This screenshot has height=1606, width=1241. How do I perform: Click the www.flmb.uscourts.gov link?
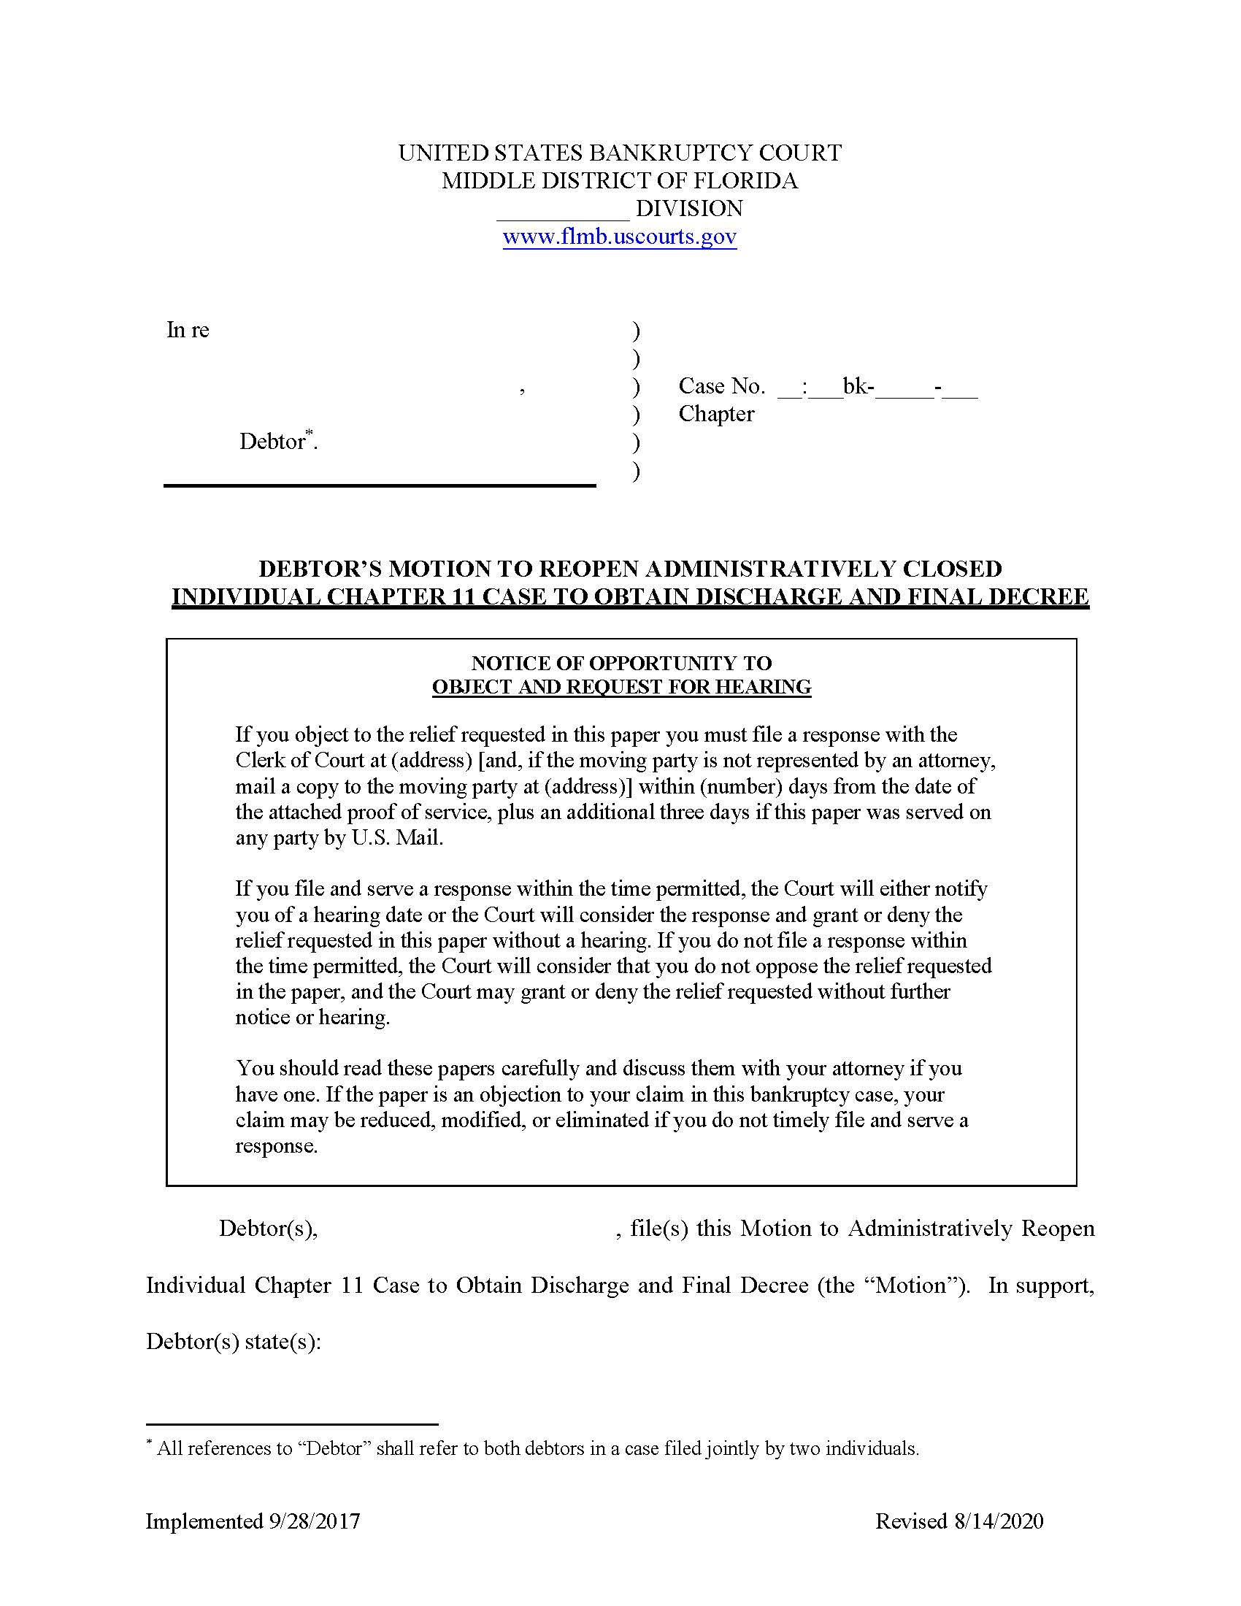click(x=619, y=237)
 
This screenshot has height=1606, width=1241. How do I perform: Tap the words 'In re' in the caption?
click(x=188, y=330)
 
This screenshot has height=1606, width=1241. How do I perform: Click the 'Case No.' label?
click(x=721, y=386)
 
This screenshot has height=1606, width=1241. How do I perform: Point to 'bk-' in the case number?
click(x=858, y=386)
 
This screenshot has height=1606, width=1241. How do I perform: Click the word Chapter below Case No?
click(x=716, y=414)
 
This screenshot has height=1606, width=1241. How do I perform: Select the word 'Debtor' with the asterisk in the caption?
click(x=273, y=442)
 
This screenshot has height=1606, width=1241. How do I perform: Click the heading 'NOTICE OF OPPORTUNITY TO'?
click(x=621, y=664)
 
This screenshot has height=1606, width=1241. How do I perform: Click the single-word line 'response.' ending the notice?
click(x=277, y=1145)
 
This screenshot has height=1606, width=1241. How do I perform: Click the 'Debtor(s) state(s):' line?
click(x=234, y=1341)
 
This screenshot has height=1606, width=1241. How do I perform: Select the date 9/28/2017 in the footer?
click(x=314, y=1521)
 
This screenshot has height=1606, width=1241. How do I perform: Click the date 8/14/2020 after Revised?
click(x=999, y=1521)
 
